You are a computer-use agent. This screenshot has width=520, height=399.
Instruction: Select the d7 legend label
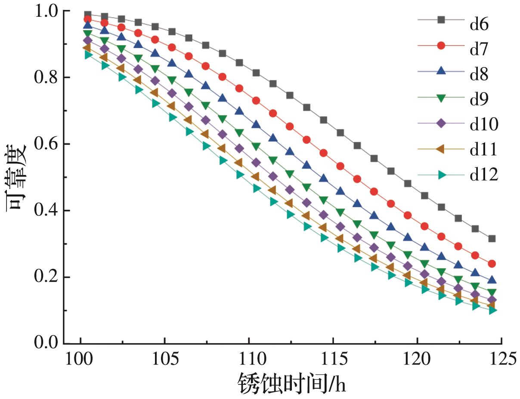coord(479,49)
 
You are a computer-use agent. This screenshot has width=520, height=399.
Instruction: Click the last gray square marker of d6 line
coord(492,238)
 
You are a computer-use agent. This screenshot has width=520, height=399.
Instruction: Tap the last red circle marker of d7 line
coord(492,264)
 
